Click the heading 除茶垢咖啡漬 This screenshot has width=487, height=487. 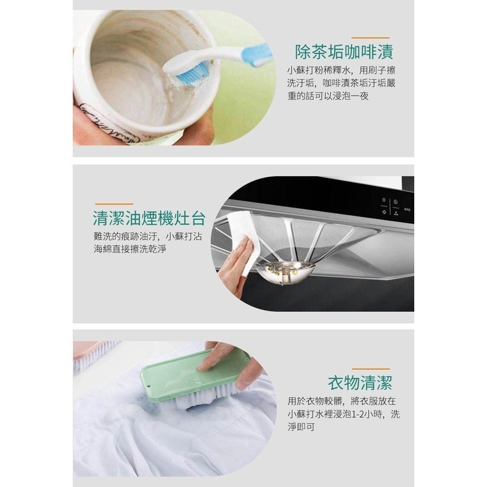[345, 51]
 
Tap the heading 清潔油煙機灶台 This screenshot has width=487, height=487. [149, 218]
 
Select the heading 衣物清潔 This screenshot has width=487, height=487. [361, 383]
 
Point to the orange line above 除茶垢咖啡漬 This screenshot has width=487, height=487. [369, 37]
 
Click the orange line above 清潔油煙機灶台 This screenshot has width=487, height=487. [114, 203]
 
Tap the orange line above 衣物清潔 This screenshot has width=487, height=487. [368, 369]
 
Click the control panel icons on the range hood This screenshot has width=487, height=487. [388, 207]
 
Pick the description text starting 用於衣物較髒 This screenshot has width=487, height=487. [343, 414]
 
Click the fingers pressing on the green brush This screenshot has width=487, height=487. [219, 356]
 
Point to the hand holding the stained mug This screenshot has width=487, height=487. [92, 120]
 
